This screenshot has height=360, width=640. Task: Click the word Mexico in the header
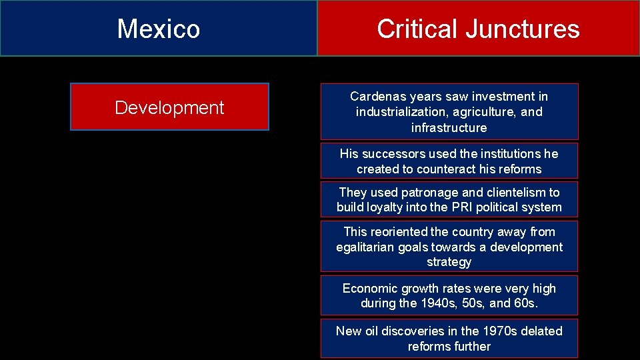(159, 29)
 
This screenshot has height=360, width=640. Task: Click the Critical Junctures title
(478, 29)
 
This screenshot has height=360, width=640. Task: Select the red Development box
(169, 107)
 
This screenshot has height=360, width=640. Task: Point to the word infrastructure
(449, 127)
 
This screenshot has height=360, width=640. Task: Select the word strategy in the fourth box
(449, 262)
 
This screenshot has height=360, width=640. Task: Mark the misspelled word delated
(539, 331)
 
